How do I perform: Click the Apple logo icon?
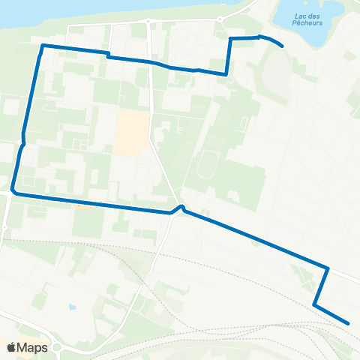click(12, 347)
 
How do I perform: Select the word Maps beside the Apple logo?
click(34, 347)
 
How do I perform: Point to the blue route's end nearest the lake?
click(281, 46)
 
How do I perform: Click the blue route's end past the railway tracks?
click(349, 323)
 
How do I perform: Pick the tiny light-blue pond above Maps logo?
click(72, 307)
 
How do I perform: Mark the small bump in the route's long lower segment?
click(181, 207)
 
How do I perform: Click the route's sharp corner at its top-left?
click(42, 46)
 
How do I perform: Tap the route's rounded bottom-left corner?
click(13, 192)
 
